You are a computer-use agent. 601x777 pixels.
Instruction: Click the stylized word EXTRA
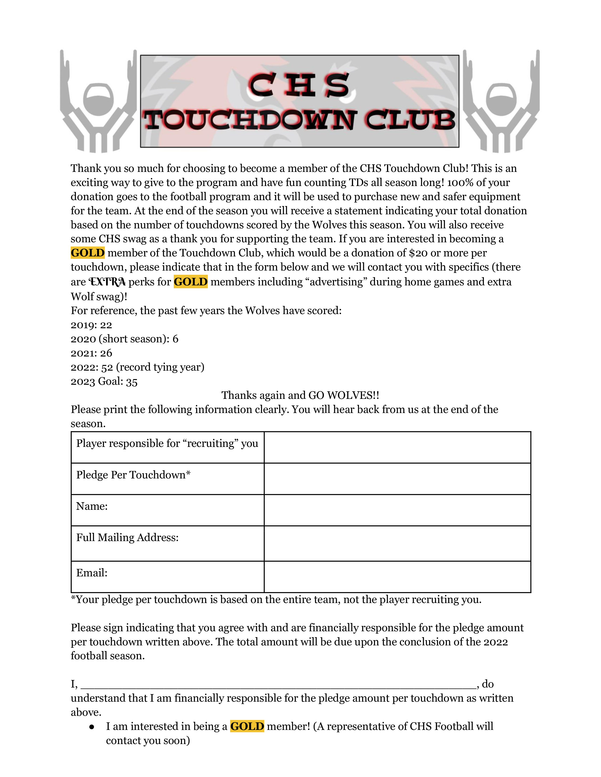tap(107, 282)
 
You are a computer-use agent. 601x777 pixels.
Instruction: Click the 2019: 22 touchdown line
tap(91, 325)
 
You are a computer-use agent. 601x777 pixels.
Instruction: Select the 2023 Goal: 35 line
tap(104, 381)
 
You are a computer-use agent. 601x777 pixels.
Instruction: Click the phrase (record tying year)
tap(160, 367)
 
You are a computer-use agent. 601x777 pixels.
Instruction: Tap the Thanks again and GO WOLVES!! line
tap(300, 395)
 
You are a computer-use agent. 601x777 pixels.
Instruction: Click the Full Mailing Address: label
tap(127, 537)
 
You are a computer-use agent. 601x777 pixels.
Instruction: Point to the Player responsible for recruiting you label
tap(167, 443)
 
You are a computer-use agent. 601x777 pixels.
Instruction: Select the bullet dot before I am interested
tap(92, 727)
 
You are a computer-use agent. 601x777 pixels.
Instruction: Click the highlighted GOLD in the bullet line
tap(247, 726)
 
